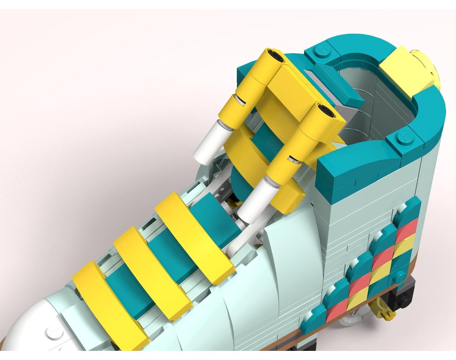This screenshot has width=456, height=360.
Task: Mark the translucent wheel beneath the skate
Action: pyautogui.click(x=351, y=319)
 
